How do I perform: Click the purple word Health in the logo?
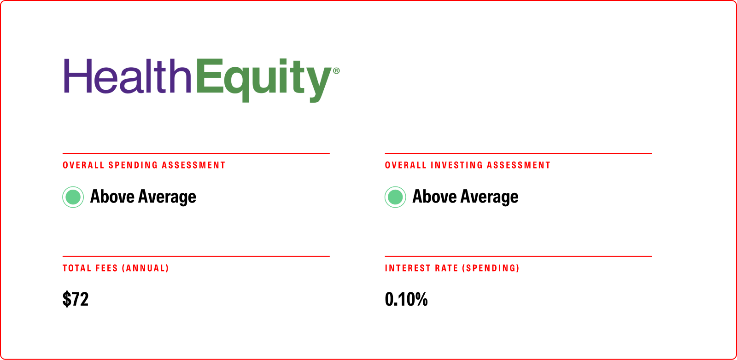[127, 76]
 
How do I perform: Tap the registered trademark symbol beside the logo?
[336, 71]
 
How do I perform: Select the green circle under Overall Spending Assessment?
[73, 197]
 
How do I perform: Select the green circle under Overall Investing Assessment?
[395, 197]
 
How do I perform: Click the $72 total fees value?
[76, 299]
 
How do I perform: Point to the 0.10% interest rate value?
[406, 299]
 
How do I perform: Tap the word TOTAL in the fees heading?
[77, 268]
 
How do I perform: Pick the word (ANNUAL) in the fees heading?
[145, 268]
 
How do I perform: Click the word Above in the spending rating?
[112, 197]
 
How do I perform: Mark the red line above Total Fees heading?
[196, 256]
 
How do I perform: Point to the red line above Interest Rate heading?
[518, 256]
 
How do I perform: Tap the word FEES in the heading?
[106, 268]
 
